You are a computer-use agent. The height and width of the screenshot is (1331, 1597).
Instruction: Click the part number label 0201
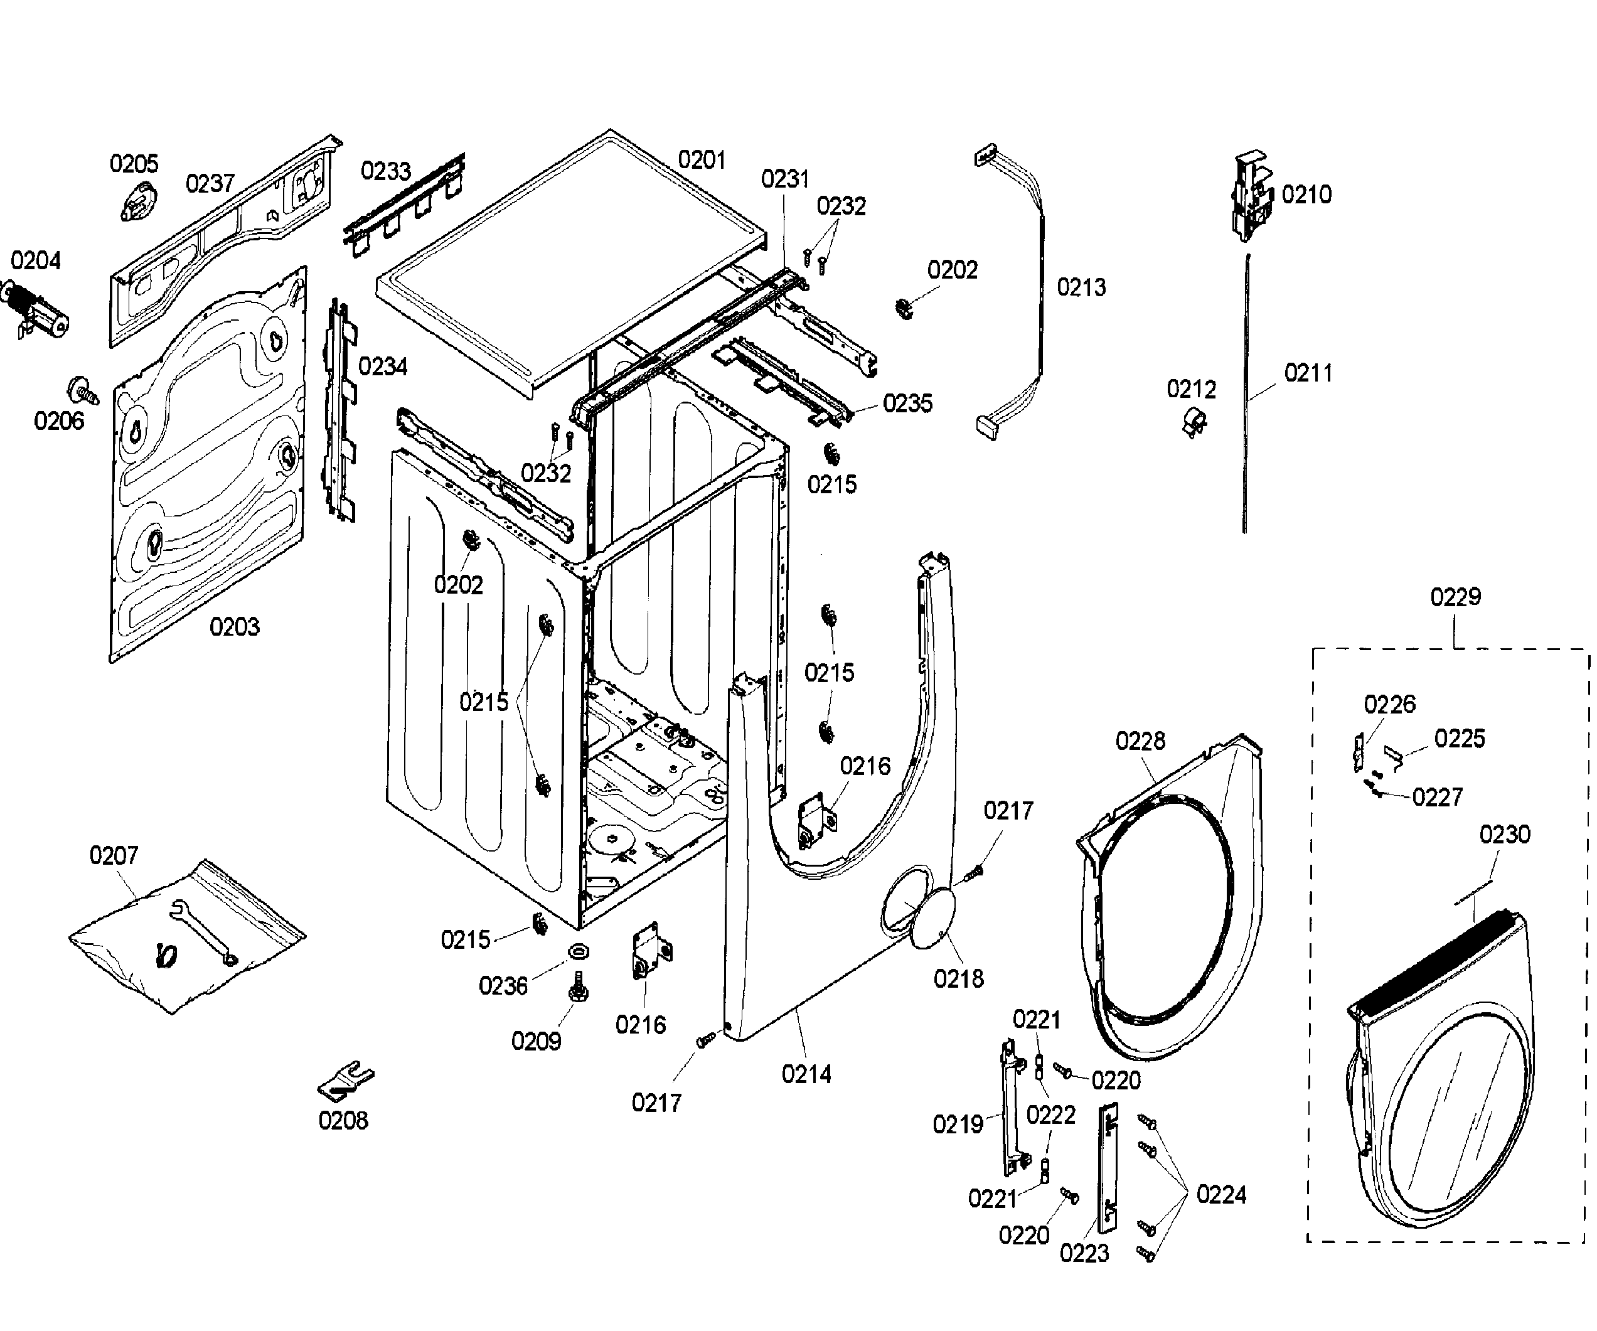coord(701,161)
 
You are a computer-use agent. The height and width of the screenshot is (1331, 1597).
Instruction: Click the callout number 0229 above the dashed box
coord(1455,597)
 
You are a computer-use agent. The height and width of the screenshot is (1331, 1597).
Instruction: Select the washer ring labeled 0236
coord(578,951)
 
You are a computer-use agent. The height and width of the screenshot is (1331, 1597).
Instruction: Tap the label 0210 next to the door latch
coord(1306,195)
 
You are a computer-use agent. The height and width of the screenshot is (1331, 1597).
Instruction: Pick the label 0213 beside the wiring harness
coord(1081,287)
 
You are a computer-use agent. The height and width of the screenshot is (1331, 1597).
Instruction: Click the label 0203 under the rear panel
coord(234,627)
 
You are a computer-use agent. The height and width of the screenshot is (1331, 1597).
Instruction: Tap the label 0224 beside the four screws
coord(1220,1195)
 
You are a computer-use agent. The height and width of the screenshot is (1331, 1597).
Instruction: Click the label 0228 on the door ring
coord(1140,740)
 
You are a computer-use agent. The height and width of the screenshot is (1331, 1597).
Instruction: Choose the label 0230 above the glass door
coord(1504,835)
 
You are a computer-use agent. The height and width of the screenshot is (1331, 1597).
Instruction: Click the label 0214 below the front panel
coord(806,1075)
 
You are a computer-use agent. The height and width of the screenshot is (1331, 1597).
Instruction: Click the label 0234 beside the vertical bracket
coord(383,366)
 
